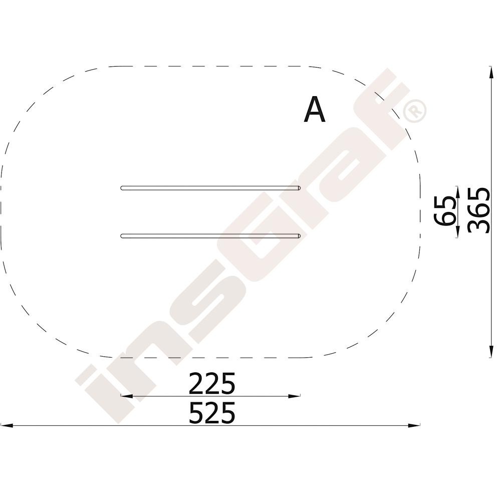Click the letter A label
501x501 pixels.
point(315,109)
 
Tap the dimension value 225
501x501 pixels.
point(212,383)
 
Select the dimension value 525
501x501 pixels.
point(212,413)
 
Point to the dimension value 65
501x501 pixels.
point(444,211)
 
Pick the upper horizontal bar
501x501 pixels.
point(210,188)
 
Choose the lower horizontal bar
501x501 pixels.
point(210,236)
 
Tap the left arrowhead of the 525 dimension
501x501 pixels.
point(7,425)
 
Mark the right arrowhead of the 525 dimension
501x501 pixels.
point(414,425)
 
